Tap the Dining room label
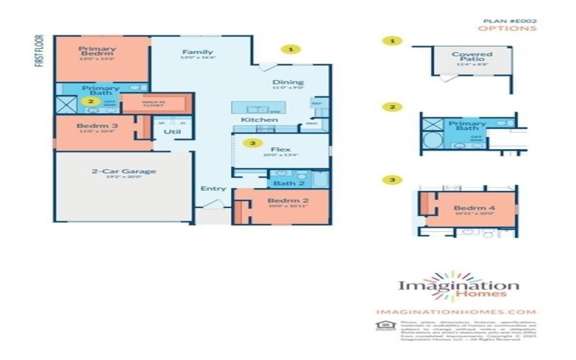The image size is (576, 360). click(x=287, y=82)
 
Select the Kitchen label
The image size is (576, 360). click(x=259, y=120)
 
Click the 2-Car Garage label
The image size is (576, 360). click(x=123, y=171)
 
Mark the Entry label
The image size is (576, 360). click(x=214, y=189)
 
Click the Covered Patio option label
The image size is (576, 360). click(x=472, y=55)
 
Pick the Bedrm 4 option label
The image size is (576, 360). click(x=472, y=206)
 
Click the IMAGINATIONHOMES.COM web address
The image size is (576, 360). click(x=456, y=312)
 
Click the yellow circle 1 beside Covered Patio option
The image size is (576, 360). click(x=392, y=42)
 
